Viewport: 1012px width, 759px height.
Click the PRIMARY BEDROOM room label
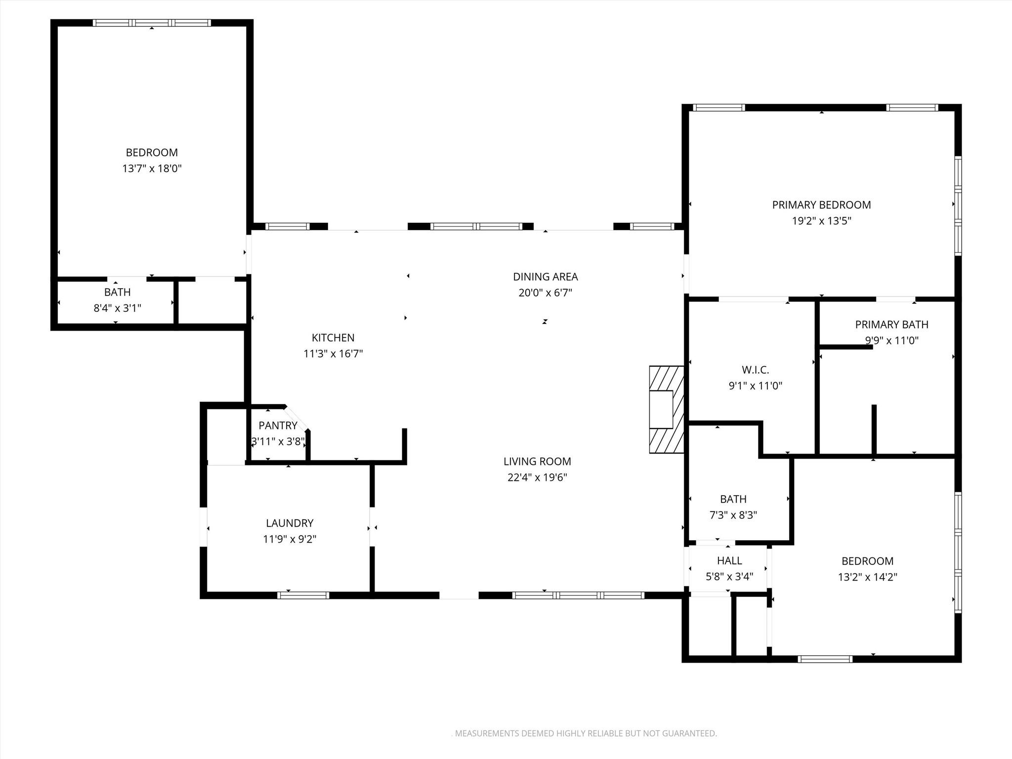point(821,205)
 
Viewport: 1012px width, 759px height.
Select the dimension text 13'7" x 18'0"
point(152,169)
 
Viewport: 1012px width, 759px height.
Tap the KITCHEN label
point(333,337)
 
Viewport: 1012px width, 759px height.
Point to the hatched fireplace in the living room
point(666,410)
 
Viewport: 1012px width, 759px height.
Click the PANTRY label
point(278,425)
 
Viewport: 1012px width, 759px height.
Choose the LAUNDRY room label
point(290,523)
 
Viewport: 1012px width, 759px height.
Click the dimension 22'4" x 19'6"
point(537,477)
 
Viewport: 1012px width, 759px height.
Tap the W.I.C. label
point(755,370)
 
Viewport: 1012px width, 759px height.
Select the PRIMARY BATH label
point(891,325)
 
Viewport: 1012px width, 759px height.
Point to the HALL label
point(729,560)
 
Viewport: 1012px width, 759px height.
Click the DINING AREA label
point(545,277)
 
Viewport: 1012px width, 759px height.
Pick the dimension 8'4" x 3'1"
point(117,308)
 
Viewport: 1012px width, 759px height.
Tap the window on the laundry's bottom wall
point(303,595)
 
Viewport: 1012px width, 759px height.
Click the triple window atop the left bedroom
point(152,23)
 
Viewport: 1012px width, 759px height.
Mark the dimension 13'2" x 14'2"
point(867,577)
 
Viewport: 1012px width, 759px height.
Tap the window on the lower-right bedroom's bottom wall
point(825,659)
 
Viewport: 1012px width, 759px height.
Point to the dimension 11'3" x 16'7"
point(333,354)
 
